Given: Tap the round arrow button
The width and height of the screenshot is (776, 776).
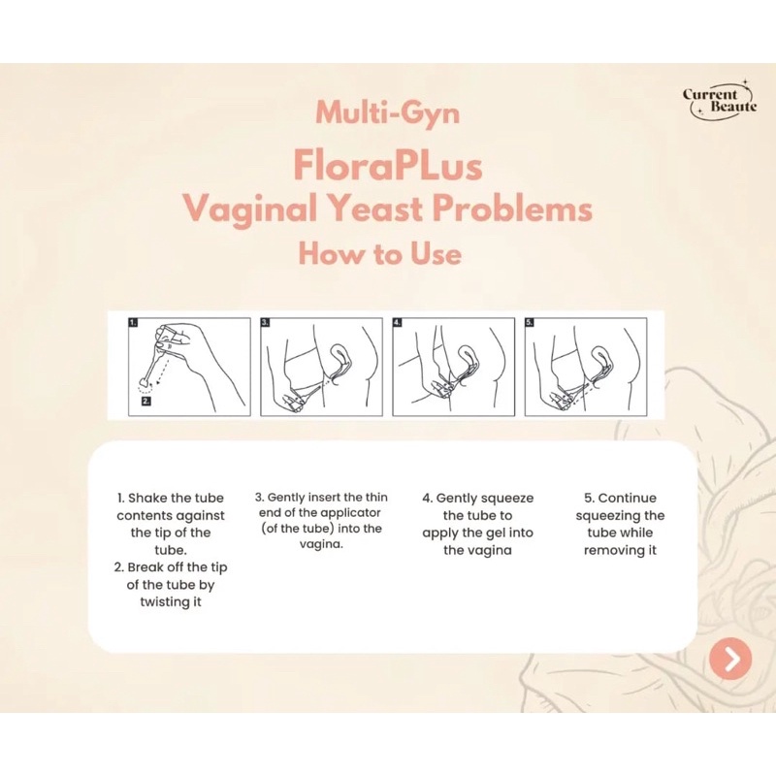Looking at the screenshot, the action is point(730,659).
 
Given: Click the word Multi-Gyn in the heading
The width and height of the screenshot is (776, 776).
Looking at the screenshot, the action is point(387,113).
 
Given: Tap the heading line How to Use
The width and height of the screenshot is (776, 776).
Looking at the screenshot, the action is point(379,253).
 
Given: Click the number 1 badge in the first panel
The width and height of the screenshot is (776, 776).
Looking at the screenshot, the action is point(133,323).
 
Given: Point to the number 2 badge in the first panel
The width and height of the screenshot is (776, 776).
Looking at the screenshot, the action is point(146,401).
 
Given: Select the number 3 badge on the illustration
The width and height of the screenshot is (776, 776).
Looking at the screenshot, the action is point(265,323).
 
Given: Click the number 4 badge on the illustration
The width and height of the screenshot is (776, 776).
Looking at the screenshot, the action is point(397,323).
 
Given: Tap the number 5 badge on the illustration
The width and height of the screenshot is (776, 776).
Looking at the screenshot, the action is point(529,323).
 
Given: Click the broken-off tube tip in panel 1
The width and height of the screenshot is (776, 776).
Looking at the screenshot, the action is point(145,383).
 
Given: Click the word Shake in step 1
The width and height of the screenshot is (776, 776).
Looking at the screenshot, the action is point(145,498).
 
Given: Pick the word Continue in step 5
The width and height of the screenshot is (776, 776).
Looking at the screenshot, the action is point(627,498).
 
